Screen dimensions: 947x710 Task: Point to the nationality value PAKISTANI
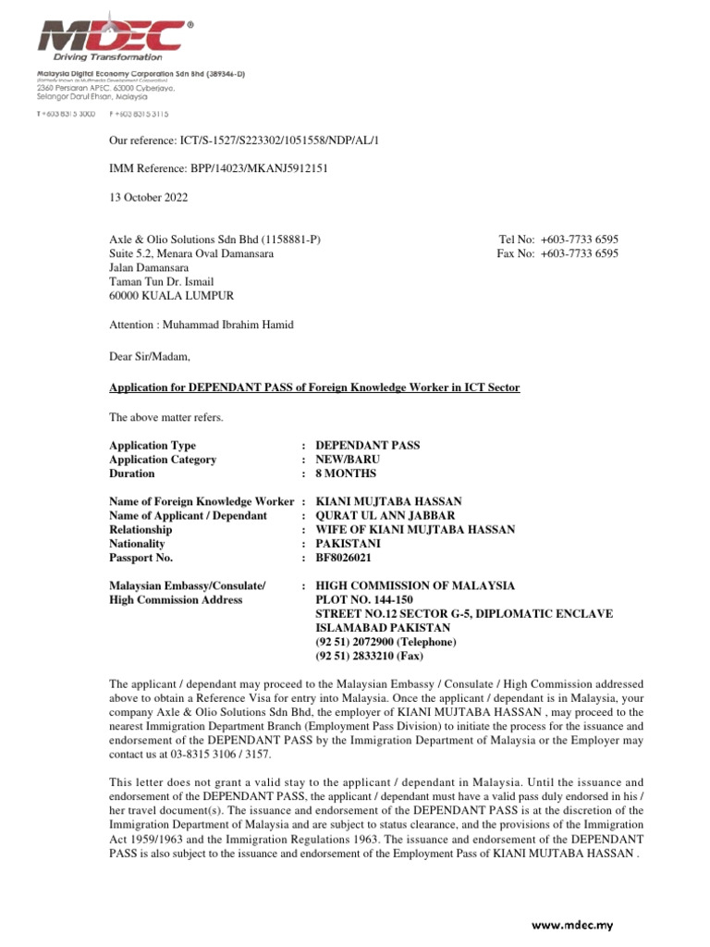[x=349, y=544]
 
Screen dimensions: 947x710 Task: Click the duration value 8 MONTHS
[x=346, y=473]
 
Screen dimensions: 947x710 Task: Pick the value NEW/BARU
[x=349, y=460]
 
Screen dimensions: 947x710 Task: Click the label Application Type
[x=153, y=446]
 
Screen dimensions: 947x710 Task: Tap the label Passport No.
[x=141, y=559]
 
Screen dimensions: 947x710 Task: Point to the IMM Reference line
[x=219, y=168]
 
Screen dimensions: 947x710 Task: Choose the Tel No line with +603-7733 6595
[x=558, y=240]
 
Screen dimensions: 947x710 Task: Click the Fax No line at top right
[x=558, y=253]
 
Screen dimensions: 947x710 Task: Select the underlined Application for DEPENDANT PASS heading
[x=314, y=387]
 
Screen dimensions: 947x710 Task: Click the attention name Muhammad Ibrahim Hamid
[x=242, y=325]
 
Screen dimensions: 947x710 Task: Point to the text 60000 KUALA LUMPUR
[x=172, y=296]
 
